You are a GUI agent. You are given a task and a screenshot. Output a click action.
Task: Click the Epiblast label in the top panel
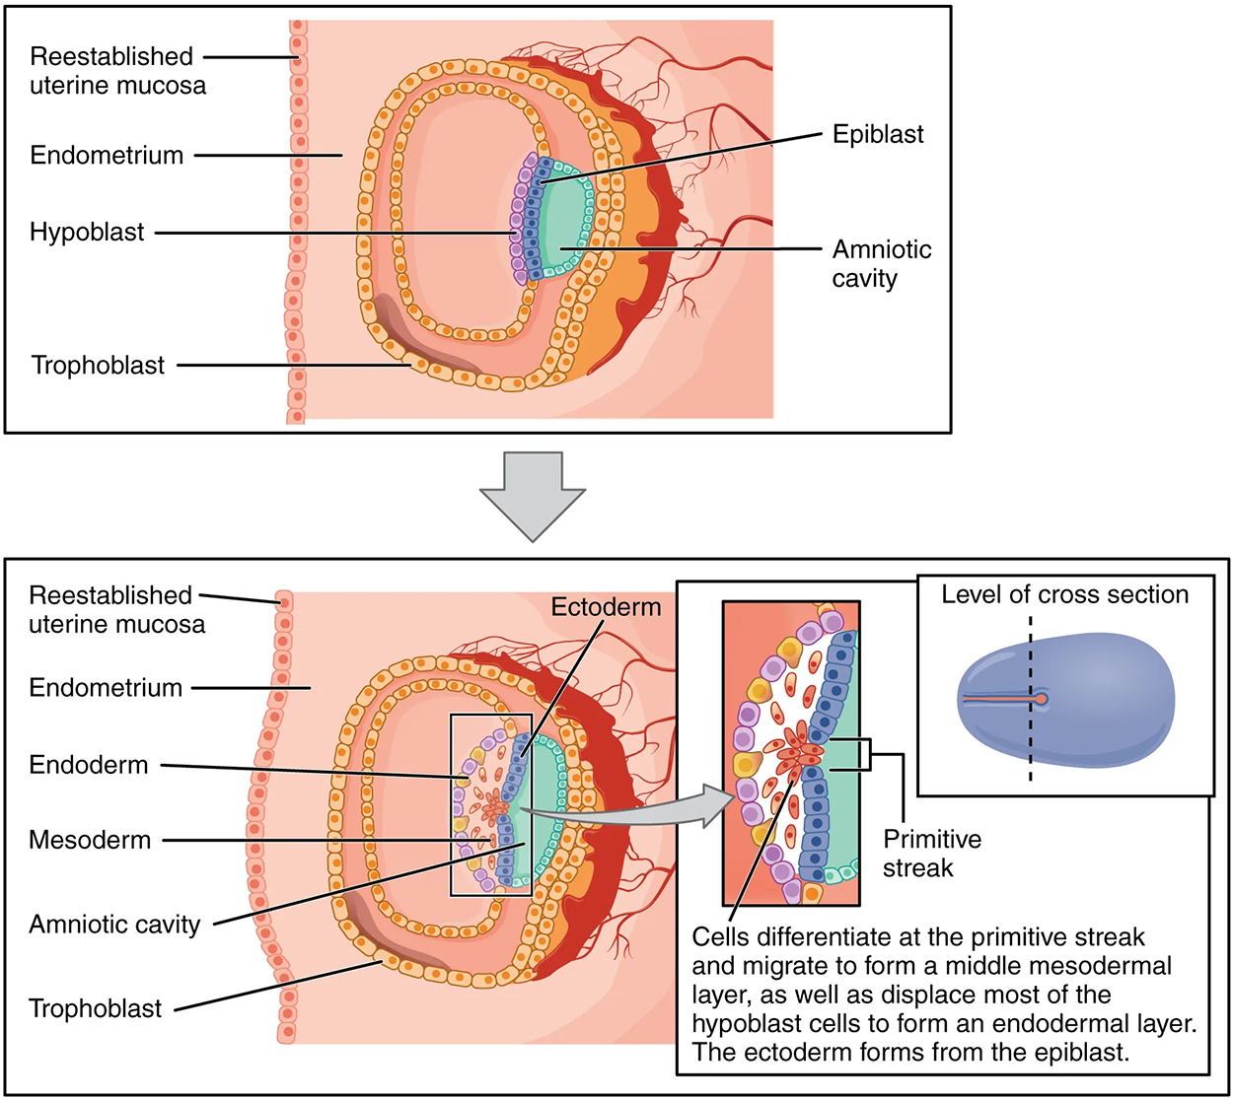pos(878,134)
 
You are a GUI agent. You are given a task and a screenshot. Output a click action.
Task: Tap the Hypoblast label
pos(87,233)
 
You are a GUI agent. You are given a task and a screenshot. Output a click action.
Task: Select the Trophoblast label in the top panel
pos(98,366)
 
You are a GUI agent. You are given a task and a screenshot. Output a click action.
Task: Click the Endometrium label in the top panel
pos(107,156)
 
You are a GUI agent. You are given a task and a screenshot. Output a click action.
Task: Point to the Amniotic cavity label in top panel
pos(881,264)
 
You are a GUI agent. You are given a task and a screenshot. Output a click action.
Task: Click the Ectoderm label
pos(606,607)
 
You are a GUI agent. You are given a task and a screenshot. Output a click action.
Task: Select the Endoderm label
pos(89,765)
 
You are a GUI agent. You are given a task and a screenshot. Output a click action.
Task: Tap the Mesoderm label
pos(90,840)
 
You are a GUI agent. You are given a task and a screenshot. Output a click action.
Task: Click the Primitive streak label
pos(931,854)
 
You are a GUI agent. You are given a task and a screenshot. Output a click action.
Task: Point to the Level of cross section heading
pos(1064,595)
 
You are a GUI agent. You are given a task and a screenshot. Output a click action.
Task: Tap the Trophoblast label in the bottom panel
pos(95,1009)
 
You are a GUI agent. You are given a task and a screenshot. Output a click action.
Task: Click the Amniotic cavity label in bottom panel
pos(114,925)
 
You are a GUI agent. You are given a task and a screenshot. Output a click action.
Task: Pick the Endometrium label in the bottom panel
pos(106,688)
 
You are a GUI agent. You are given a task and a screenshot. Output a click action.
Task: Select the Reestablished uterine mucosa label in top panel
pos(117,71)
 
